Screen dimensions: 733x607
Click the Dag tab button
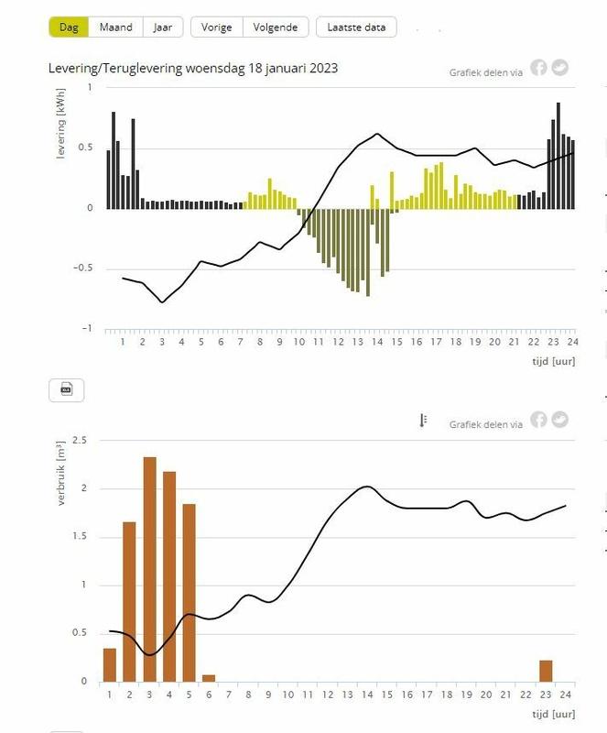[x=69, y=27]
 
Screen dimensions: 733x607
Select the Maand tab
[x=116, y=27]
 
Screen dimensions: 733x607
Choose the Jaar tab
[x=163, y=27]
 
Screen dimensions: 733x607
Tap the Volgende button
[x=276, y=27]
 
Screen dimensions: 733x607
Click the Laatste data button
[x=356, y=27]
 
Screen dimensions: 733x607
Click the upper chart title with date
[x=193, y=69]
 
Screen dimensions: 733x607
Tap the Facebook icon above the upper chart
[x=538, y=68]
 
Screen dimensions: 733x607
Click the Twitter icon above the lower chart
[x=559, y=420]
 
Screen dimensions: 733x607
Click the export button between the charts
[x=66, y=390]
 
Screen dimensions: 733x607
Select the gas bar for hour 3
[x=149, y=569]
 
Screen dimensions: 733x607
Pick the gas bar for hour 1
[x=110, y=664]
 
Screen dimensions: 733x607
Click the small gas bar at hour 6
[x=209, y=678]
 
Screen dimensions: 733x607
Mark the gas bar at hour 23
[x=546, y=671]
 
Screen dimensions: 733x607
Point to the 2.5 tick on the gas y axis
[x=80, y=441]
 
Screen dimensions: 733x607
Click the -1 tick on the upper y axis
[x=89, y=328]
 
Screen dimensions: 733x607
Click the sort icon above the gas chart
[x=423, y=421]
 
